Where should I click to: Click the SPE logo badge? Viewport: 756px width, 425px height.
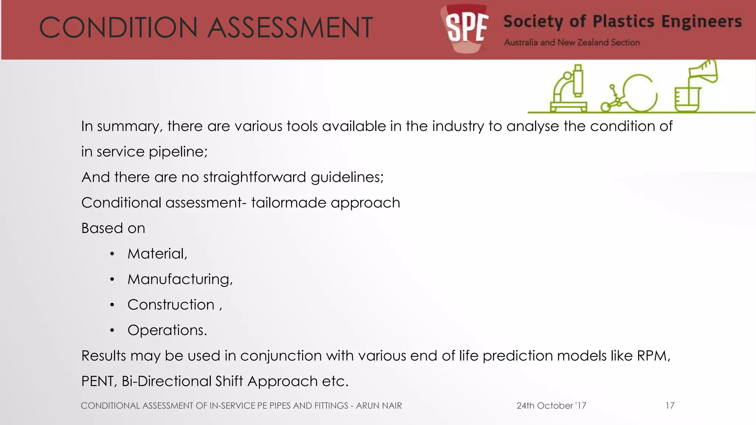click(x=466, y=28)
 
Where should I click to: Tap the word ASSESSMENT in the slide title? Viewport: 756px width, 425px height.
click(x=290, y=28)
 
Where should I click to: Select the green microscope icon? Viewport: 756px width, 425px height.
click(x=568, y=89)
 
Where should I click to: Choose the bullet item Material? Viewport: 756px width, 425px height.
click(x=157, y=254)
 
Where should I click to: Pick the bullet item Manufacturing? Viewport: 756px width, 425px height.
click(x=180, y=279)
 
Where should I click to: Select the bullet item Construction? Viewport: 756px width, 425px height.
click(x=171, y=305)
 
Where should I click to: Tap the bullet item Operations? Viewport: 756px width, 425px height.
click(x=167, y=330)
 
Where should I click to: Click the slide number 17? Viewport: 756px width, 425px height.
click(x=670, y=406)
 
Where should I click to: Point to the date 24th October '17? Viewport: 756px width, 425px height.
click(x=551, y=406)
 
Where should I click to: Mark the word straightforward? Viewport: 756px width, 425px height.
click(x=254, y=177)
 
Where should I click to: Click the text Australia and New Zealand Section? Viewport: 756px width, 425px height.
click(x=572, y=42)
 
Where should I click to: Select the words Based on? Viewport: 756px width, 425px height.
click(x=113, y=228)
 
